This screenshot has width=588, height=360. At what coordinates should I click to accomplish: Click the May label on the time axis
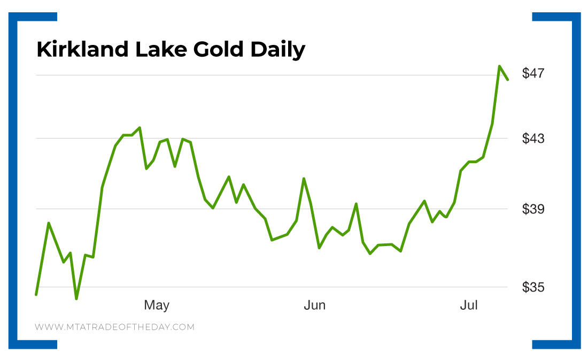point(157,305)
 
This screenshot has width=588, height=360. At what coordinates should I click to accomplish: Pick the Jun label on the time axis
point(314,305)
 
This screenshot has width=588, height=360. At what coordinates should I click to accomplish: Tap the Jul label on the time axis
point(469,305)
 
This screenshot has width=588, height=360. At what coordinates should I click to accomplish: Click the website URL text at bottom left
point(114,327)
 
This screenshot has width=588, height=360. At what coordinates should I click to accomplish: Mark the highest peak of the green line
point(499,66)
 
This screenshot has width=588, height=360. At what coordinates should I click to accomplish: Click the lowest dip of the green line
point(76,298)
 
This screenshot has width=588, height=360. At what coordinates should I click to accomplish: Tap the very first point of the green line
point(36,294)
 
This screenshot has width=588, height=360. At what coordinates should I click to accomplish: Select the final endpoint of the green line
point(508,80)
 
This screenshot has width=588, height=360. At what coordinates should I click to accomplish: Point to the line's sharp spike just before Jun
point(304,179)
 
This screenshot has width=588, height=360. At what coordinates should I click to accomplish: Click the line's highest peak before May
point(140,128)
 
